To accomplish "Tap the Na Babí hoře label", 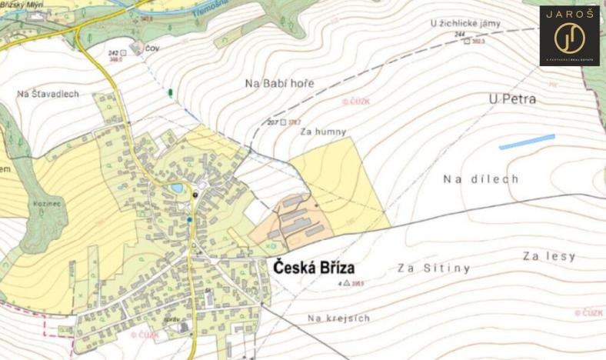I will (278, 83).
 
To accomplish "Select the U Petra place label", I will (512, 99).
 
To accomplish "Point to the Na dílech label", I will (481, 178).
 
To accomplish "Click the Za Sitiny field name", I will (434, 268).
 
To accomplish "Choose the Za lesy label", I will (548, 256).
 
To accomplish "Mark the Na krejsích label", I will (338, 318).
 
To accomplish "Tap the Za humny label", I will (324, 132).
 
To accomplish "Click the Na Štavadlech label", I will (48, 94).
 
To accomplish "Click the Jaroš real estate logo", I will (569, 35).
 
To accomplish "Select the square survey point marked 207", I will (284, 122).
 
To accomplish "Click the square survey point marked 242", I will (123, 51).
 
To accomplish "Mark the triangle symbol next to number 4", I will (346, 284).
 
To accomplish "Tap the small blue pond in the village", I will (178, 188).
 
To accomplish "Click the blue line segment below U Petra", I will (527, 142).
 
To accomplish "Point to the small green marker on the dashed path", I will (170, 92).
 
